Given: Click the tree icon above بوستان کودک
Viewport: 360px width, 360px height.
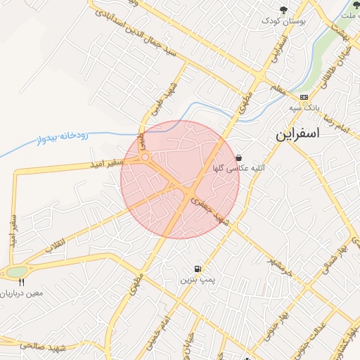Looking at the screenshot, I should (283, 9).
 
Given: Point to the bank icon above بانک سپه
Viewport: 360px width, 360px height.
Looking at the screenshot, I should (304, 97).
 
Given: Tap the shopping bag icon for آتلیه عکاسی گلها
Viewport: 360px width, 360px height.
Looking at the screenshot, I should (240, 157).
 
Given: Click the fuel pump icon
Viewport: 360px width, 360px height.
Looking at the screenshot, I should (198, 269).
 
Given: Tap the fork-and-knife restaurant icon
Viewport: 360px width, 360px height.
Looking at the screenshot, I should (21, 281).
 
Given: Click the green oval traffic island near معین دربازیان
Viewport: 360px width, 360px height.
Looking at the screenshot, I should (15, 271).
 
